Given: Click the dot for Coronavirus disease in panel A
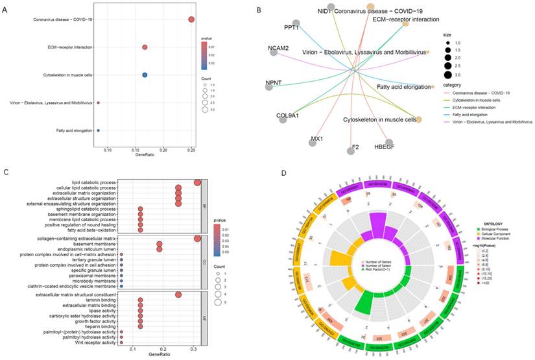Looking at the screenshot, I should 191,19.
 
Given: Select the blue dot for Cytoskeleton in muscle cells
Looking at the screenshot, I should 145,75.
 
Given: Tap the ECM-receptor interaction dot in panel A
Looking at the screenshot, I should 145,47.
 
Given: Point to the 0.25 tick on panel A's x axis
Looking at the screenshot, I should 191,150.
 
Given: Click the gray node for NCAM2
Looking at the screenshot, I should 274,53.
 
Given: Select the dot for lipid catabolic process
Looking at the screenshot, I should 197,182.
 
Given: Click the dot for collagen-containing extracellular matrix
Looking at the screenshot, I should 197,239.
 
